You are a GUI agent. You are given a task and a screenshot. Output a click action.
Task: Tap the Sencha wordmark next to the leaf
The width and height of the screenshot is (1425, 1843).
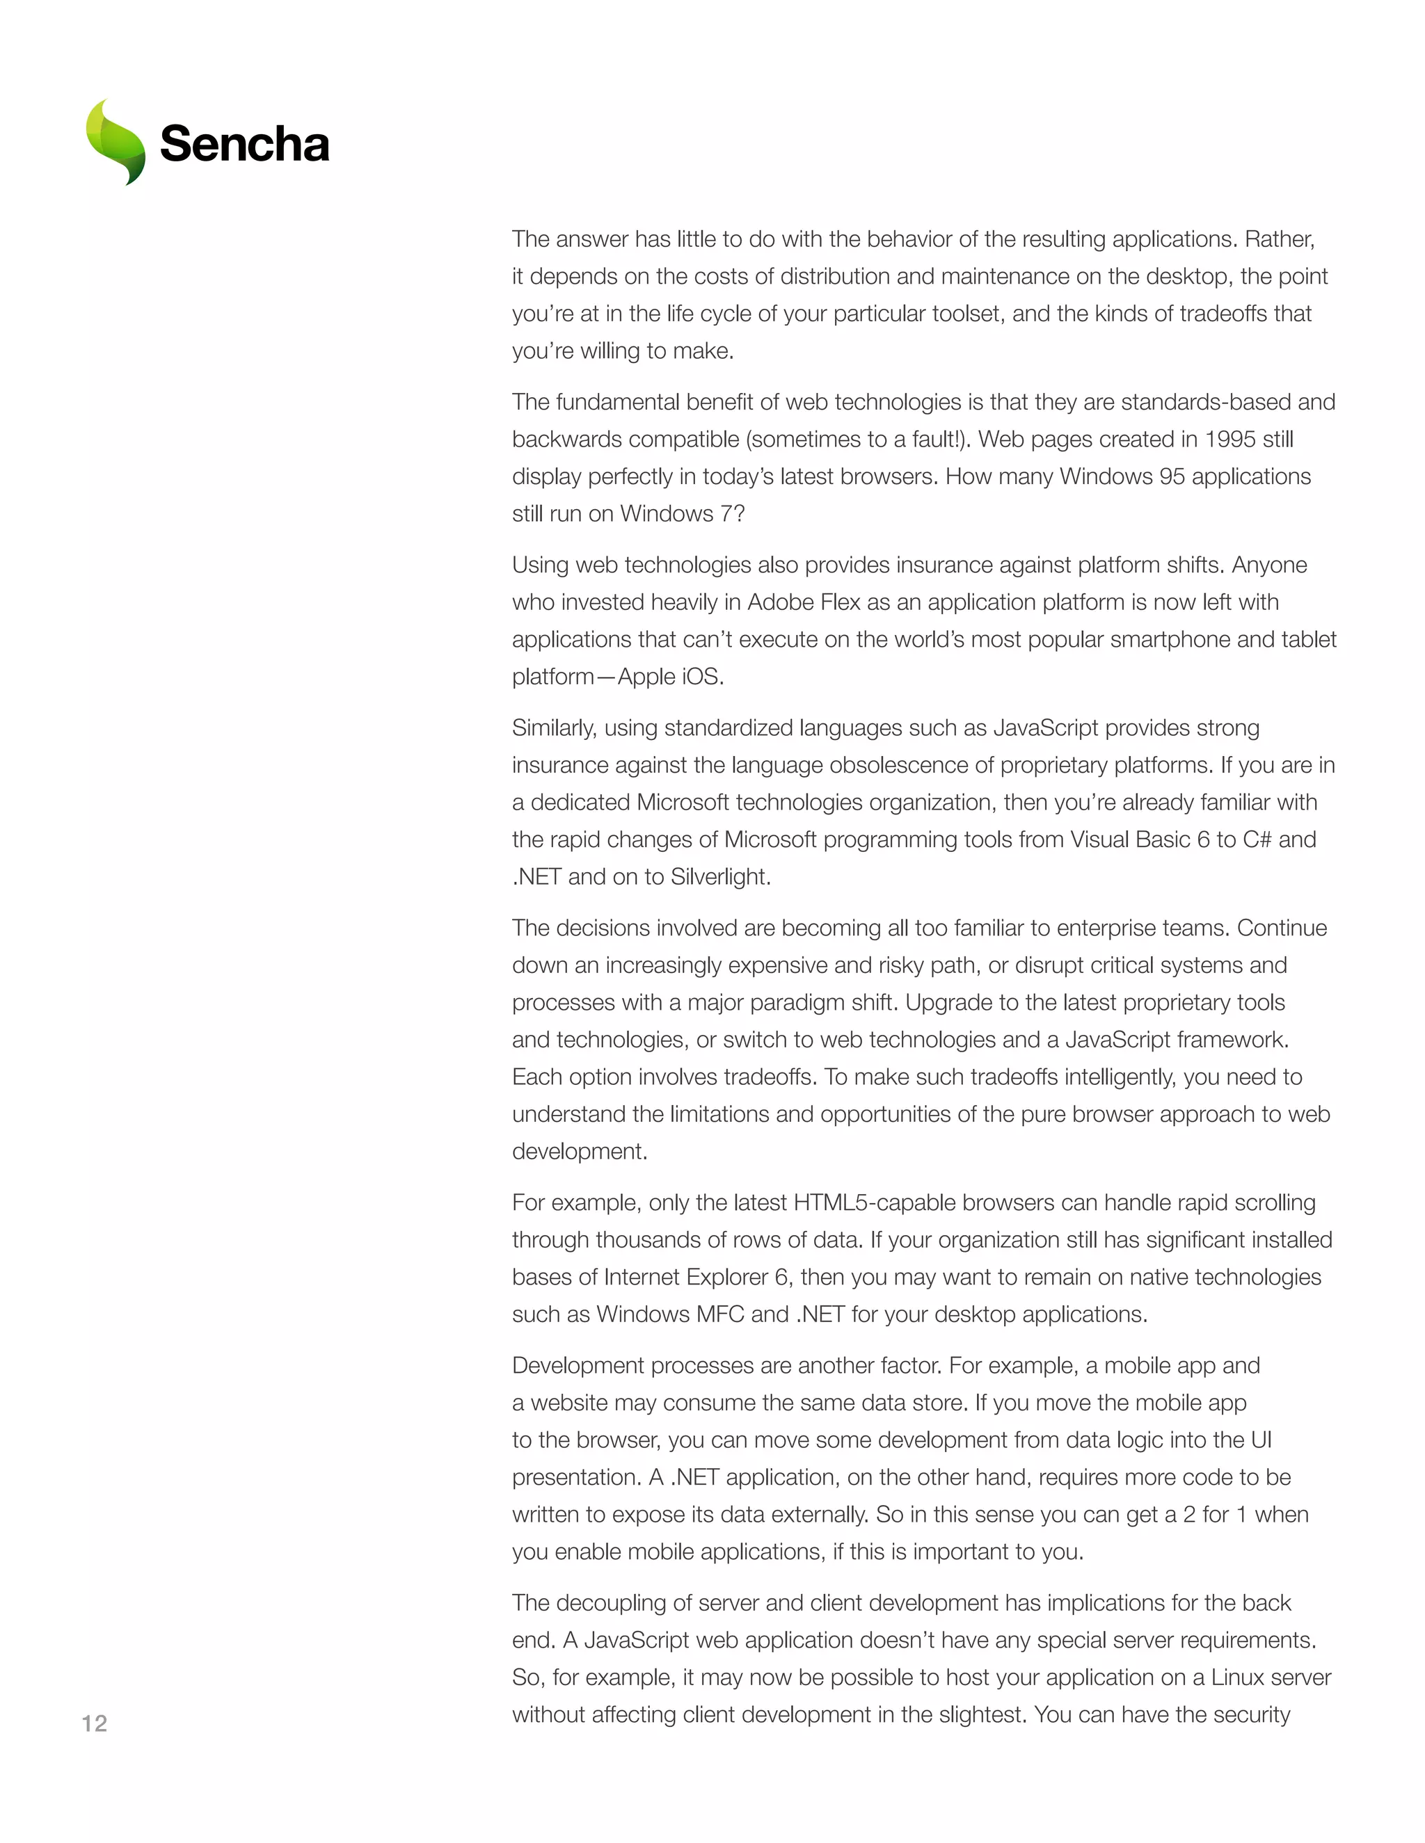(244, 144)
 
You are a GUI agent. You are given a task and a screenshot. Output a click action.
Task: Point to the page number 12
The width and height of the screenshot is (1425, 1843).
(95, 1723)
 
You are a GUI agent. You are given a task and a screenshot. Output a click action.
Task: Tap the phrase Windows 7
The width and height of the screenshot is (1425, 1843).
(682, 514)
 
